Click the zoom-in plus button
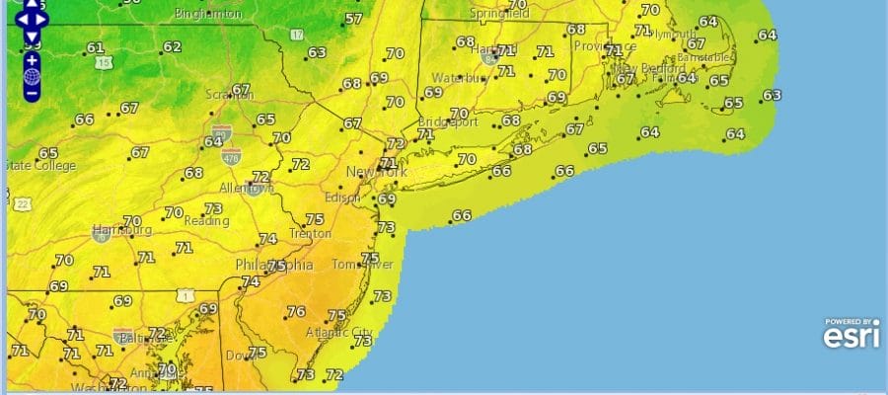[33, 59]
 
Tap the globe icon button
[33, 76]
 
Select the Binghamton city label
[207, 14]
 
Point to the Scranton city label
[229, 96]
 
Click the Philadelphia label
[273, 266]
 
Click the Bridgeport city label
[446, 123]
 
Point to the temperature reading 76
[295, 311]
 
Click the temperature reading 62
[172, 46]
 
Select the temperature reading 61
[95, 47]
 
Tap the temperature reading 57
[354, 19]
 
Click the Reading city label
[208, 222]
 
